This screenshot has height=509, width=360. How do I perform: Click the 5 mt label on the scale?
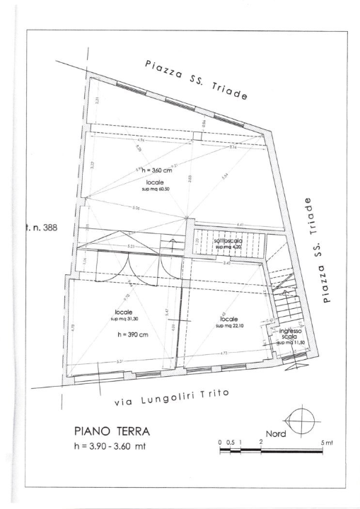click(x=327, y=442)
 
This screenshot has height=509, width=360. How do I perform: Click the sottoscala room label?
click(x=227, y=242)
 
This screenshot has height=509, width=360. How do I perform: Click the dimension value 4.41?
click(x=240, y=226)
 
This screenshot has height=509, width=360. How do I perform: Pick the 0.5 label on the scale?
click(x=230, y=442)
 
